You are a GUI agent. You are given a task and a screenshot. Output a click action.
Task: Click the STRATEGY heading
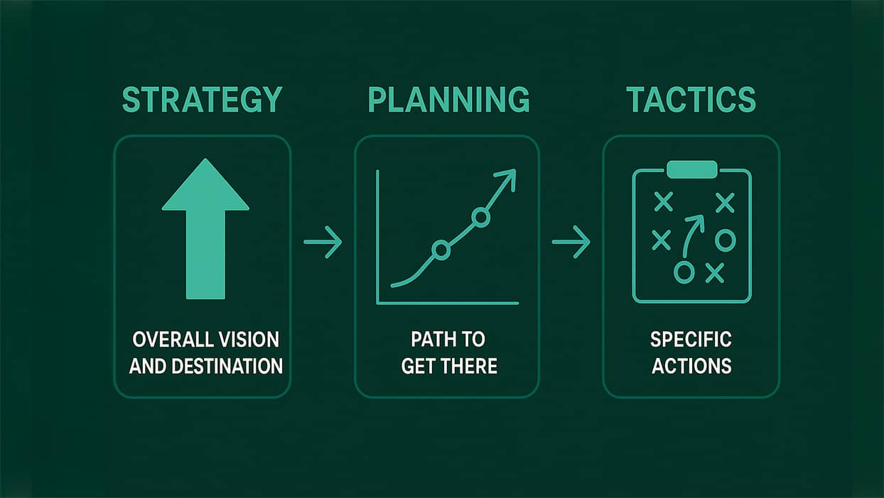tap(202, 100)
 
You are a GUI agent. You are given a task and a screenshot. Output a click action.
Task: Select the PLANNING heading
tap(448, 100)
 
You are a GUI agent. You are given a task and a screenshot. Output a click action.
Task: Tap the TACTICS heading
tap(691, 100)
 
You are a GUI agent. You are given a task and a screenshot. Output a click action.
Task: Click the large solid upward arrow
tap(205, 229)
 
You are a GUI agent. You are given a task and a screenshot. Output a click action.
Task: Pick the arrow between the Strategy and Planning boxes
tap(323, 242)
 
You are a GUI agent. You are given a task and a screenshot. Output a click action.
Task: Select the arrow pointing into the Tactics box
tap(571, 242)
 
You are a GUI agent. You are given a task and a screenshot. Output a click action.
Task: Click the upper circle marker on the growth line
tap(480, 217)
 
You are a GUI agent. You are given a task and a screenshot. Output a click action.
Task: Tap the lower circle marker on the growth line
tap(441, 250)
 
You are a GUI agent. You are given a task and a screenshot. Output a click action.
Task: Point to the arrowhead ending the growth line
tap(507, 179)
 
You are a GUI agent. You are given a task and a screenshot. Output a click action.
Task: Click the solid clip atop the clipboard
tap(692, 169)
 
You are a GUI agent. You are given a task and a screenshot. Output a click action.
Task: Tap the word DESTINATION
tap(227, 366)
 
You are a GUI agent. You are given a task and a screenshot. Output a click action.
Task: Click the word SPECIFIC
tap(691, 339)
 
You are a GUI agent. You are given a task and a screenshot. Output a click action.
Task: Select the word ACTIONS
tap(691, 366)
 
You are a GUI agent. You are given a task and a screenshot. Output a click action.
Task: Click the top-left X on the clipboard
tap(664, 202)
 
